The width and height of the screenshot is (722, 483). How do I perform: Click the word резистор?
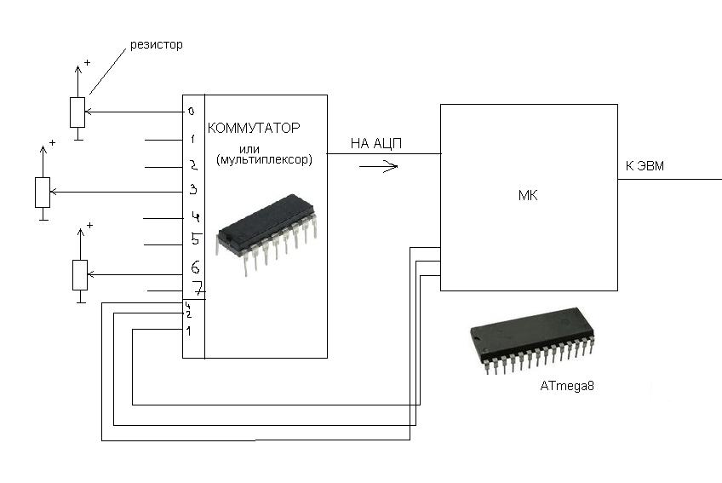click(156, 43)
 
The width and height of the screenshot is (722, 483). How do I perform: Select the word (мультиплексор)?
click(265, 159)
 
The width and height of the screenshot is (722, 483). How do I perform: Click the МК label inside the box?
click(528, 197)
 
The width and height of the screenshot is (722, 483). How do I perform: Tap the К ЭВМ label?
click(645, 167)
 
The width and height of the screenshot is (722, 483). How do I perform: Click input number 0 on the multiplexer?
click(192, 111)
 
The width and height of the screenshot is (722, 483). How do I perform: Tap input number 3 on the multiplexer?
click(193, 189)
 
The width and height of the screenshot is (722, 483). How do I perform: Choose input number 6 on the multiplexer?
click(195, 267)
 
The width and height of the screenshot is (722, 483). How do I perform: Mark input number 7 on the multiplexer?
click(196, 289)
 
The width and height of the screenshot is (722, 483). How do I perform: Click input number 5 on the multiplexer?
click(195, 240)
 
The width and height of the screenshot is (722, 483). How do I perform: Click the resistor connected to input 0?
click(77, 112)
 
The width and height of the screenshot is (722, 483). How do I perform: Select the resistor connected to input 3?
click(42, 192)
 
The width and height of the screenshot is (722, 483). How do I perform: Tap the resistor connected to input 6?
click(79, 274)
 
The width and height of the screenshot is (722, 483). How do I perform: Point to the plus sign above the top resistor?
click(88, 63)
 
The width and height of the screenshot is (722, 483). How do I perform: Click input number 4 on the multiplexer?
click(195, 216)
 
